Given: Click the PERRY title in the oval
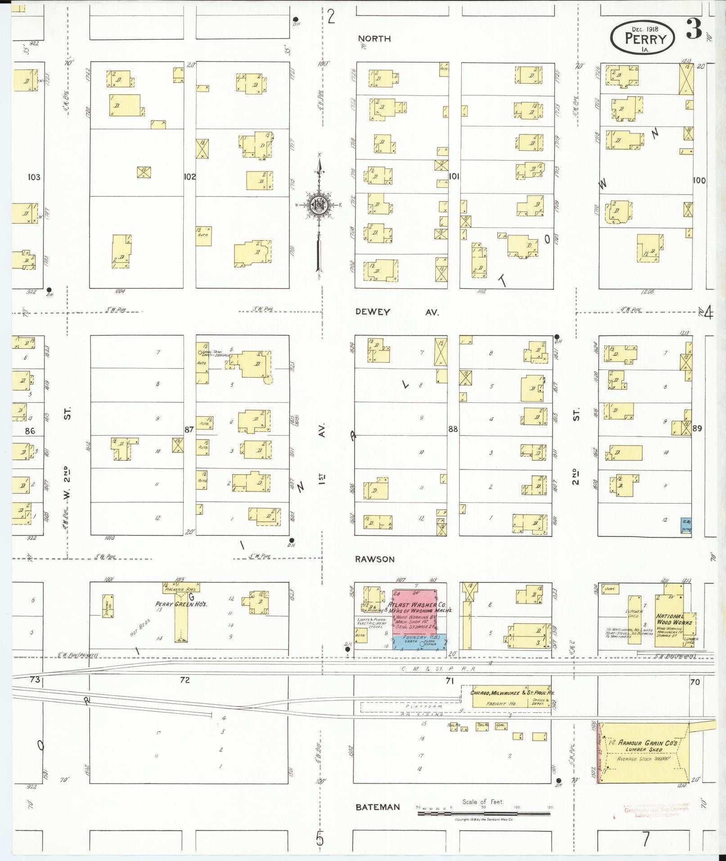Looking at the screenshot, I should pos(645,39).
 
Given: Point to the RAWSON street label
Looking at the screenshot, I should pos(374,559).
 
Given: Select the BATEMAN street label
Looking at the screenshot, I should pos(377,807).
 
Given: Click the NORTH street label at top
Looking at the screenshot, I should pos(374,39).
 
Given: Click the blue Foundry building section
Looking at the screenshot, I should pos(419,642).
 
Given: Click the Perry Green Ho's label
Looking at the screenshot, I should pos(181,604).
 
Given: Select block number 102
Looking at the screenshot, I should pos(189,177).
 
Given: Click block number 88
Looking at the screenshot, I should pos(453,429).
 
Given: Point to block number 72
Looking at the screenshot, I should pos(185,680).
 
